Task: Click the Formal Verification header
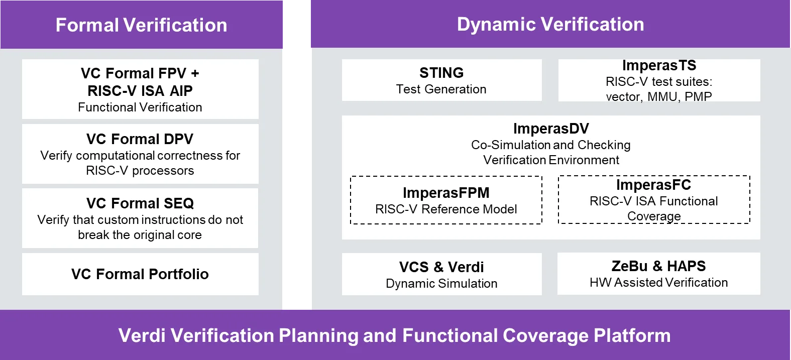click(x=141, y=25)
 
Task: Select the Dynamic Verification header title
click(x=550, y=24)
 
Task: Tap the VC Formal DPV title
click(x=140, y=139)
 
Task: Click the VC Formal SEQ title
click(x=140, y=203)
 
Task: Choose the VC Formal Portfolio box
click(x=140, y=274)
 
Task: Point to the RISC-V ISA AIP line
click(x=140, y=91)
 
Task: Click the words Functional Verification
click(x=140, y=107)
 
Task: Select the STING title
click(x=441, y=73)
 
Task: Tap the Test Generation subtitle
click(x=441, y=89)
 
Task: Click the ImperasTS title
click(x=659, y=66)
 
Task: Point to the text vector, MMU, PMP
click(x=659, y=96)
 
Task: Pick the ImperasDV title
click(x=551, y=129)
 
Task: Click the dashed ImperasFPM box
click(x=446, y=200)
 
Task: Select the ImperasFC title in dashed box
click(x=653, y=185)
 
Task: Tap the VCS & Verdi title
click(x=441, y=267)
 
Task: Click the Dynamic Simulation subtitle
click(x=441, y=284)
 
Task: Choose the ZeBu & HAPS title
click(x=658, y=266)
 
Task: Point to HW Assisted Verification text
click(x=658, y=283)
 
